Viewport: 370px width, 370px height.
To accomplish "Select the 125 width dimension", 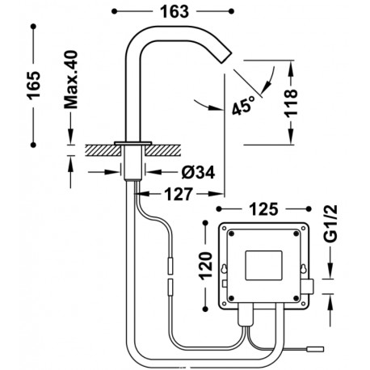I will click(267, 208).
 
